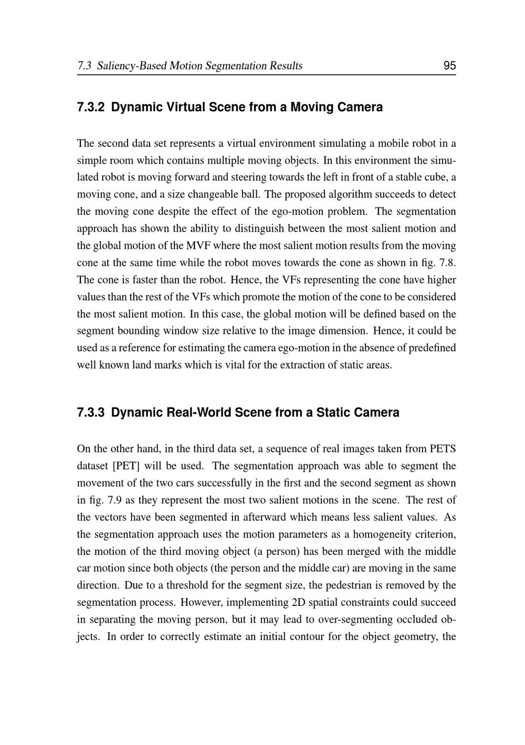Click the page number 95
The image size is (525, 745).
tap(449, 66)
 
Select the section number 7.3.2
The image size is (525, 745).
tap(91, 107)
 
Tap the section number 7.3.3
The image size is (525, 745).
tap(91, 413)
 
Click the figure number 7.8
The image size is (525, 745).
tap(447, 263)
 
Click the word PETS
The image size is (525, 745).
tap(443, 449)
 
